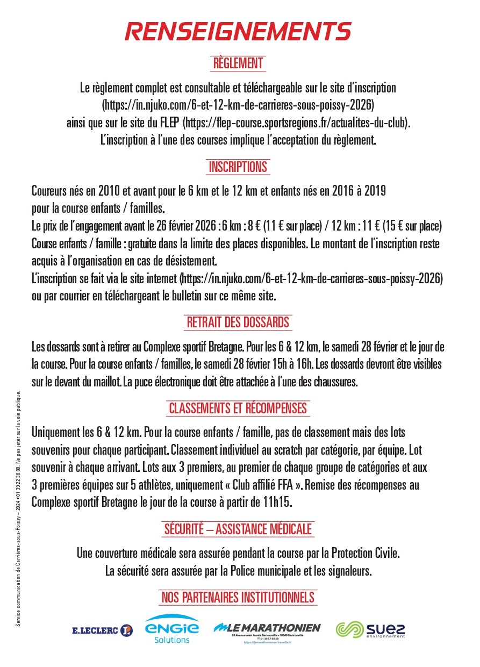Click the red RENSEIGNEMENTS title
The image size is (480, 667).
pyautogui.click(x=238, y=31)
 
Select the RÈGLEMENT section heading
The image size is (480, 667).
pyautogui.click(x=238, y=63)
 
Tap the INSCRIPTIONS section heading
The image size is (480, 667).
pyautogui.click(x=238, y=167)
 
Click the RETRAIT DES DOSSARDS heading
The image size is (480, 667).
pyautogui.click(x=238, y=322)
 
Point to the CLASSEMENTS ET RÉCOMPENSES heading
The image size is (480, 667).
pyautogui.click(x=238, y=408)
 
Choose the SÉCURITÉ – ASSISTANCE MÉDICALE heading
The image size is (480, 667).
pyautogui.click(x=238, y=529)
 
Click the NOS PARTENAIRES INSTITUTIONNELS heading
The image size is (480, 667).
pyautogui.click(x=238, y=597)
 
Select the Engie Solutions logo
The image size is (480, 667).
pyautogui.click(x=172, y=629)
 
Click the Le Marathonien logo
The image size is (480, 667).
pyautogui.click(x=267, y=630)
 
